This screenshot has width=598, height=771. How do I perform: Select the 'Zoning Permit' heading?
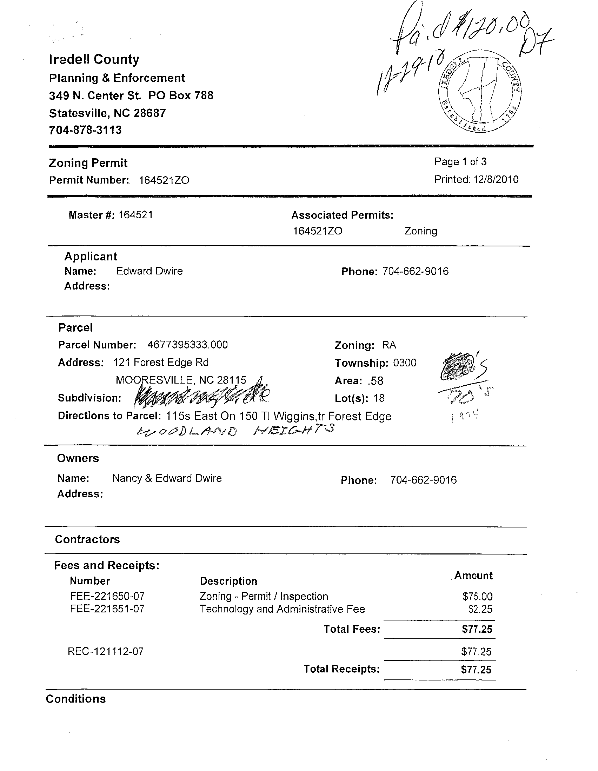point(88,163)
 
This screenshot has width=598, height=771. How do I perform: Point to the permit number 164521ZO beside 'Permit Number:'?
point(164,180)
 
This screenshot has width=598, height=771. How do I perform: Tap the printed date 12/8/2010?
point(496,179)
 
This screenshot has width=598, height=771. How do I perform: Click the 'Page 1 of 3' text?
point(460,162)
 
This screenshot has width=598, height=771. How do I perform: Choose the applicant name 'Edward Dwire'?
point(149,271)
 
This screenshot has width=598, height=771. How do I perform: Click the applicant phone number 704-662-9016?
point(416,271)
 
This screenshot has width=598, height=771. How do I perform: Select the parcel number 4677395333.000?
point(187,345)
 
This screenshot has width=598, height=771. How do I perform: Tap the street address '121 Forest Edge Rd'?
point(161,363)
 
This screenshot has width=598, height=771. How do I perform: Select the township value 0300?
point(405,363)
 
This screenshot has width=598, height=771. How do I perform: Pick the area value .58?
point(375,381)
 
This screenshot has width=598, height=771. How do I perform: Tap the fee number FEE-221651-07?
point(107,609)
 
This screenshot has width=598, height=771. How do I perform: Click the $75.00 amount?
point(477,597)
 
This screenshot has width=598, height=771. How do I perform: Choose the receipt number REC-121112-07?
point(106,651)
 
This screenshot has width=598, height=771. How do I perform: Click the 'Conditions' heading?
point(76,699)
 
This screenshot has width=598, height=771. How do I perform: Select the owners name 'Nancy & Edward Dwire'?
point(167,478)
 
